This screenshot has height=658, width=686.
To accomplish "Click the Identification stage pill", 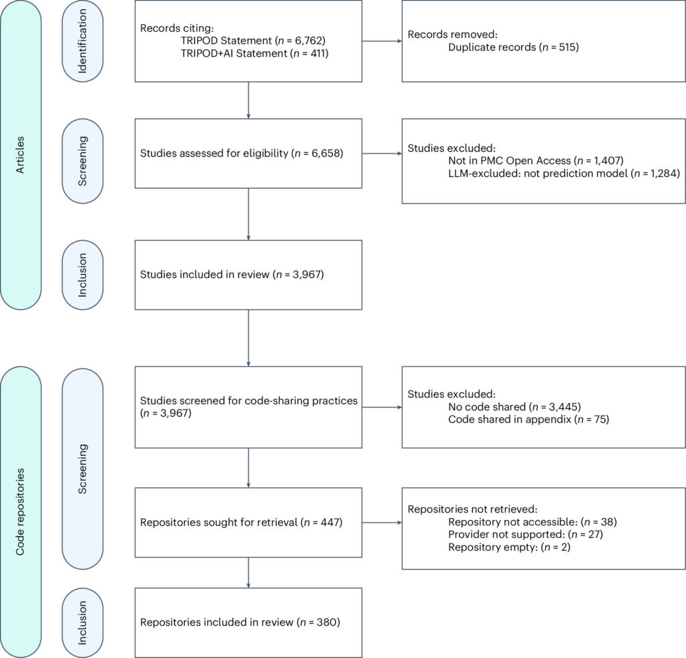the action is click(82, 41).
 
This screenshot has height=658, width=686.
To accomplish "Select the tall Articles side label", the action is click(21, 155).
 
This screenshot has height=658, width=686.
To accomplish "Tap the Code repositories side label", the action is click(21, 512).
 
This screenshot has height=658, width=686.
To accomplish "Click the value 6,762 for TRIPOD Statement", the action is click(308, 41).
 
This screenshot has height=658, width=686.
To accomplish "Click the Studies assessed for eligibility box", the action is click(249, 153).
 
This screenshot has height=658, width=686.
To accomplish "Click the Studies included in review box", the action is click(249, 275).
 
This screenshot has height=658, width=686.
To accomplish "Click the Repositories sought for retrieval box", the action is click(249, 523).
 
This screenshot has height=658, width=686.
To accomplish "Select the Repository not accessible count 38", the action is click(607, 522).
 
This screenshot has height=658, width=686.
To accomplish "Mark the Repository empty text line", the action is click(509, 547).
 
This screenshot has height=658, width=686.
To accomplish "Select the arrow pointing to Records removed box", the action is click(382, 41).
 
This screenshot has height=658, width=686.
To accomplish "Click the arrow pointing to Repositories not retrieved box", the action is click(382, 523).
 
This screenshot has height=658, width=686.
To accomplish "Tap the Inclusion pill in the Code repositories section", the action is click(82, 622).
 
